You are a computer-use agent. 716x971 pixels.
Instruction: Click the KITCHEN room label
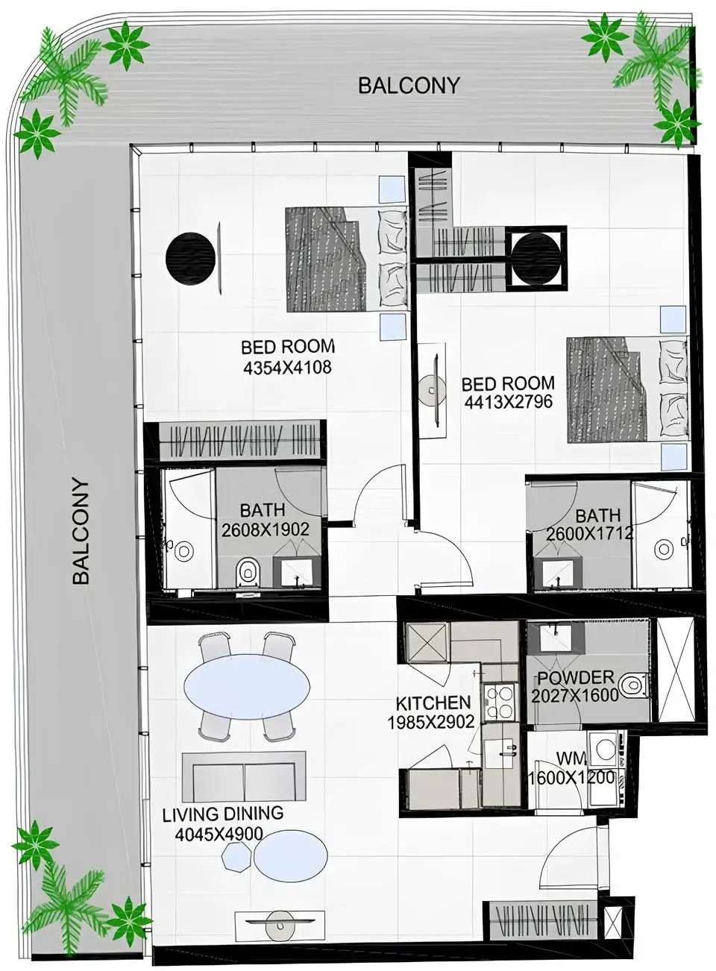coord(433,703)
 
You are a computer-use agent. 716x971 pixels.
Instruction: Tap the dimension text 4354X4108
coord(287,367)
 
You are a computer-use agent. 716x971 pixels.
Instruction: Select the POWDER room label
coord(575,678)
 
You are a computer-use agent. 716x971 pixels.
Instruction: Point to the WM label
coord(571,758)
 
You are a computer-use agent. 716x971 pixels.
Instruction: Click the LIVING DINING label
coord(222,814)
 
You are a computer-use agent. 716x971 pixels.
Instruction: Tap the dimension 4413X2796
coord(508,402)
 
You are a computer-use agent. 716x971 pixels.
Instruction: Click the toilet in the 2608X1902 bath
coord(246,574)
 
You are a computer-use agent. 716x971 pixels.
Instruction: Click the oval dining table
coord(247,685)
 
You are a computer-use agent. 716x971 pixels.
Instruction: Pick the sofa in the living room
coord(244,776)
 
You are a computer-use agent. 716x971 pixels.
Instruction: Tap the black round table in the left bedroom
coord(189,258)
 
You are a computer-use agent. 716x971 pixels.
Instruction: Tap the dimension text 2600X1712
coord(589,534)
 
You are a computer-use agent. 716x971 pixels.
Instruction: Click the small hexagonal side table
coord(236,858)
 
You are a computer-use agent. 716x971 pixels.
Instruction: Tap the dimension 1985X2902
coord(431,722)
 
